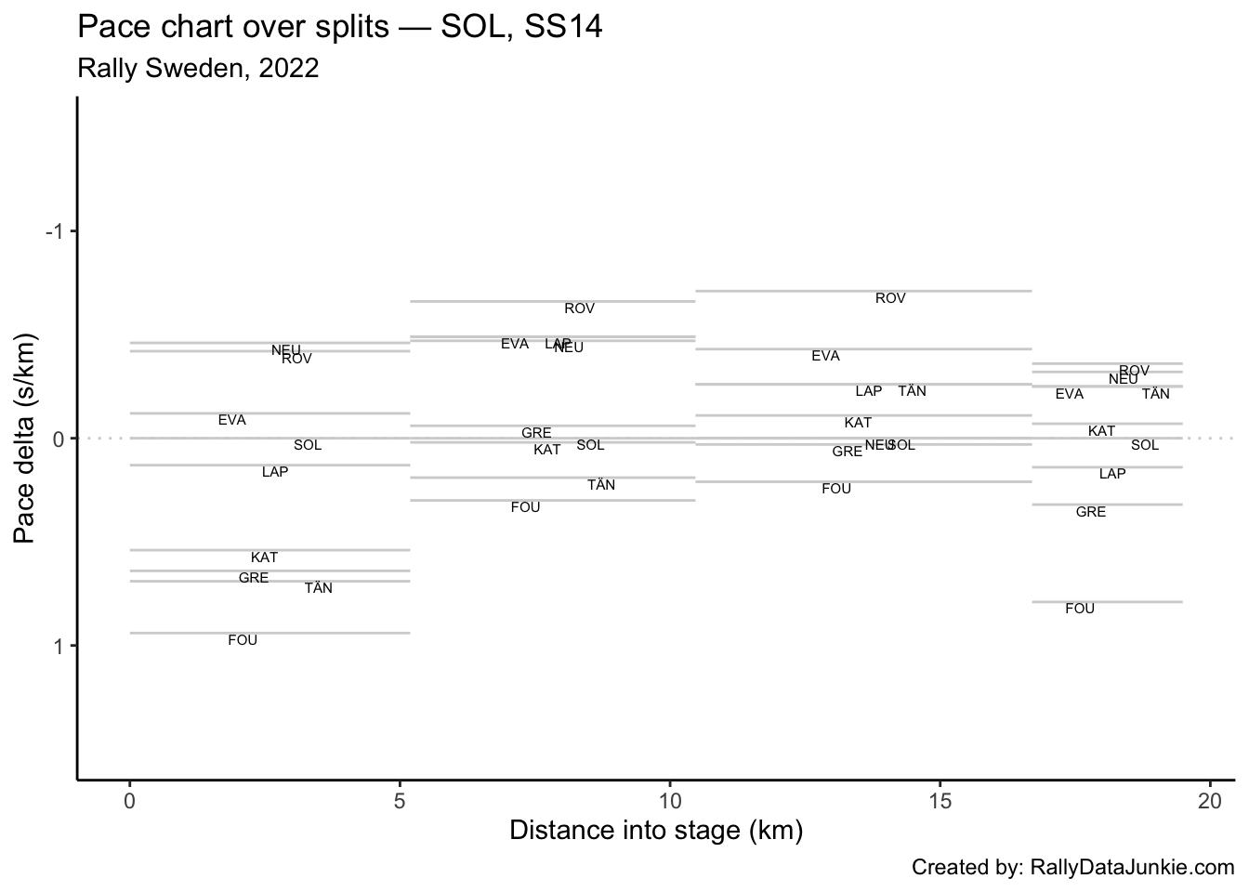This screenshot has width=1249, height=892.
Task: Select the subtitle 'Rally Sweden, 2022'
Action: (198, 69)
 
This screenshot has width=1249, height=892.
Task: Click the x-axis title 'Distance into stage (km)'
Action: (655, 830)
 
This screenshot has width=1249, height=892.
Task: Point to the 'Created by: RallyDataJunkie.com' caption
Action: (1072, 868)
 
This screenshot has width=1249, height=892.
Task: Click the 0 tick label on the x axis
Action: (129, 799)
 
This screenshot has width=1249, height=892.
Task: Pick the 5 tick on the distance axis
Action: (400, 799)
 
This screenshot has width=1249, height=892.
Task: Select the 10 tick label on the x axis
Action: (669, 799)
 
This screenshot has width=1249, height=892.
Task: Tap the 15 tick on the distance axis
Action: (940, 799)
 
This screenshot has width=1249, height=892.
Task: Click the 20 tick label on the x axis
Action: (1209, 799)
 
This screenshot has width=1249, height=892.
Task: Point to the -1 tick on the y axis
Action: (54, 231)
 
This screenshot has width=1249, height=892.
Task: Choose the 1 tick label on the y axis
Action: (59, 646)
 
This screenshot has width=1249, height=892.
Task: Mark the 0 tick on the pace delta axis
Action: (59, 439)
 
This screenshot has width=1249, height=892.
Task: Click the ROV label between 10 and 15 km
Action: (890, 298)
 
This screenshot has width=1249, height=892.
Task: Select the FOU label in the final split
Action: (1080, 609)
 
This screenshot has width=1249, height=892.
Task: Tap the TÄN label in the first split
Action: (319, 588)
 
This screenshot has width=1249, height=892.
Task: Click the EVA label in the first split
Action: (232, 420)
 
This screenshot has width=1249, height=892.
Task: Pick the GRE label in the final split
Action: (1091, 512)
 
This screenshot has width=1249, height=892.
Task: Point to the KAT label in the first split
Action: (265, 557)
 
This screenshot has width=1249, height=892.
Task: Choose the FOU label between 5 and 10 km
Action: (526, 507)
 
